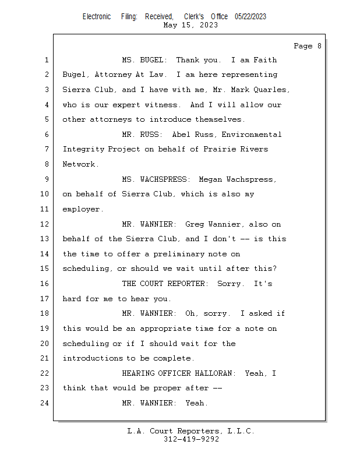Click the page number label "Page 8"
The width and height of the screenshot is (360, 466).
coord(307,46)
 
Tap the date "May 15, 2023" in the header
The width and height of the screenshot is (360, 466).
coord(190,25)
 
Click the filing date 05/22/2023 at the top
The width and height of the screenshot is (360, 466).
coord(250,16)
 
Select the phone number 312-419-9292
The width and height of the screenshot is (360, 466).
coord(191,439)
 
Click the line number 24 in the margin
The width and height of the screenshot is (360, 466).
coord(46,403)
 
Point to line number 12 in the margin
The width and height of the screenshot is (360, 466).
coord(46,224)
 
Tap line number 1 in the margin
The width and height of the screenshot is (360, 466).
coord(46,60)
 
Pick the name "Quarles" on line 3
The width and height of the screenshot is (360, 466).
coord(271,90)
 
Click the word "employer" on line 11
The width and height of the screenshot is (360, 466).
coord(81,209)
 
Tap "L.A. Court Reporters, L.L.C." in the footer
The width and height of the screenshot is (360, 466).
coord(190,431)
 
